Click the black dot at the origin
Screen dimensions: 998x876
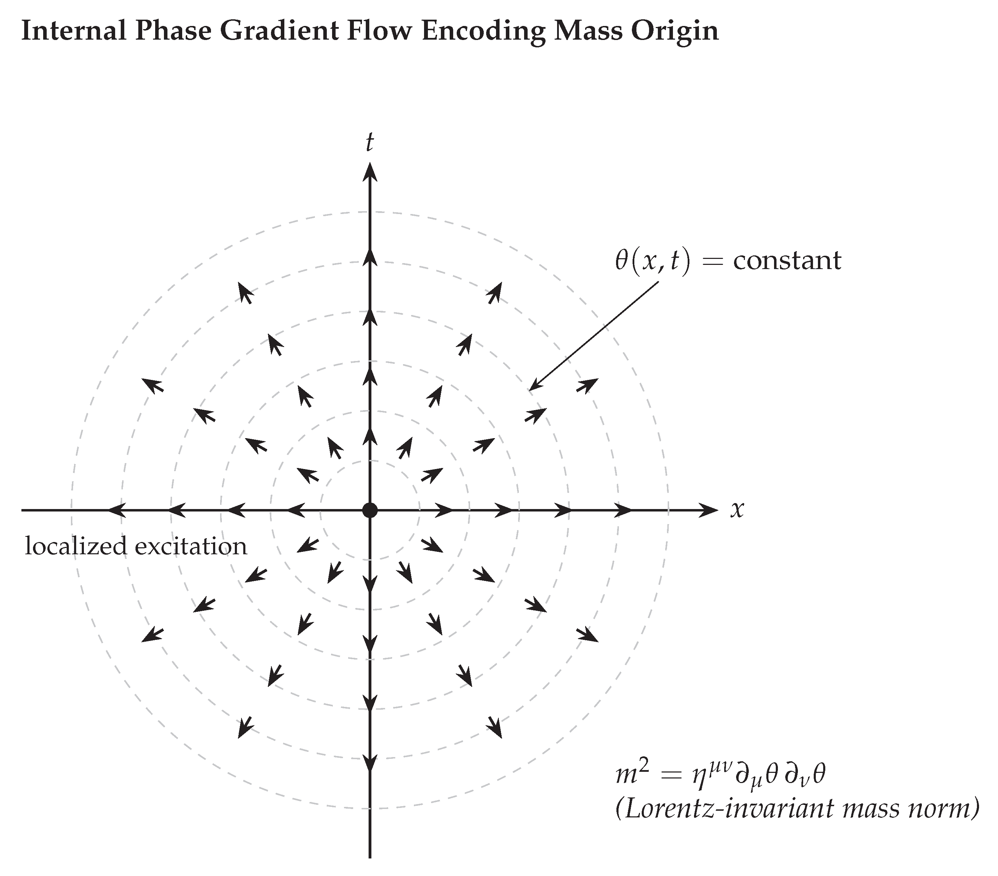pyautogui.click(x=370, y=511)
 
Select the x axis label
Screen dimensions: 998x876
pyautogui.click(x=737, y=510)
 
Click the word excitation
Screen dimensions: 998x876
pyautogui.click(x=191, y=546)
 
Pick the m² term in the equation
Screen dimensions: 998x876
pyautogui.click(x=631, y=775)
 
